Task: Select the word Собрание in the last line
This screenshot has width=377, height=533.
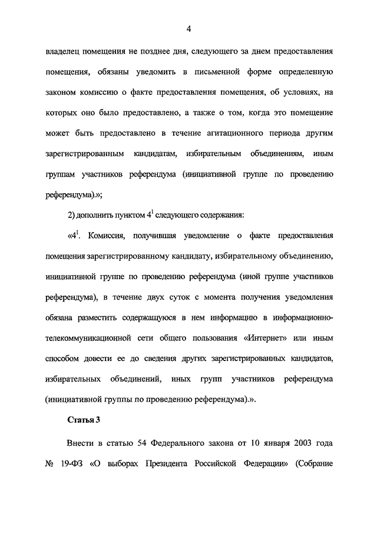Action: click(x=313, y=462)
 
